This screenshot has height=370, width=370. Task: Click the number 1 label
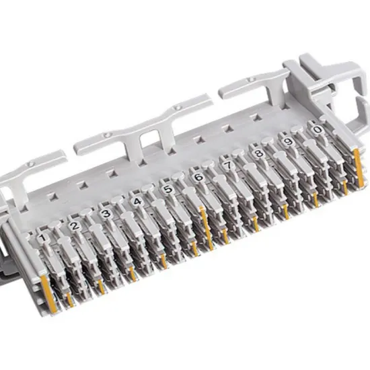click(x=42, y=238)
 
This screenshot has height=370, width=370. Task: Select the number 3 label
click(x=106, y=213)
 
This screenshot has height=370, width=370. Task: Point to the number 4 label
click(x=137, y=201)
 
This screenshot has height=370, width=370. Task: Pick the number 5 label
click(x=168, y=189)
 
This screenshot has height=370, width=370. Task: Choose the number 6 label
click(x=199, y=177)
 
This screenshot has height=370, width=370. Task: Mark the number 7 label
click(x=228, y=165)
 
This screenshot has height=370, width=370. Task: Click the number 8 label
click(x=258, y=153)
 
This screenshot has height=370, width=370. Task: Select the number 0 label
click(x=318, y=130)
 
